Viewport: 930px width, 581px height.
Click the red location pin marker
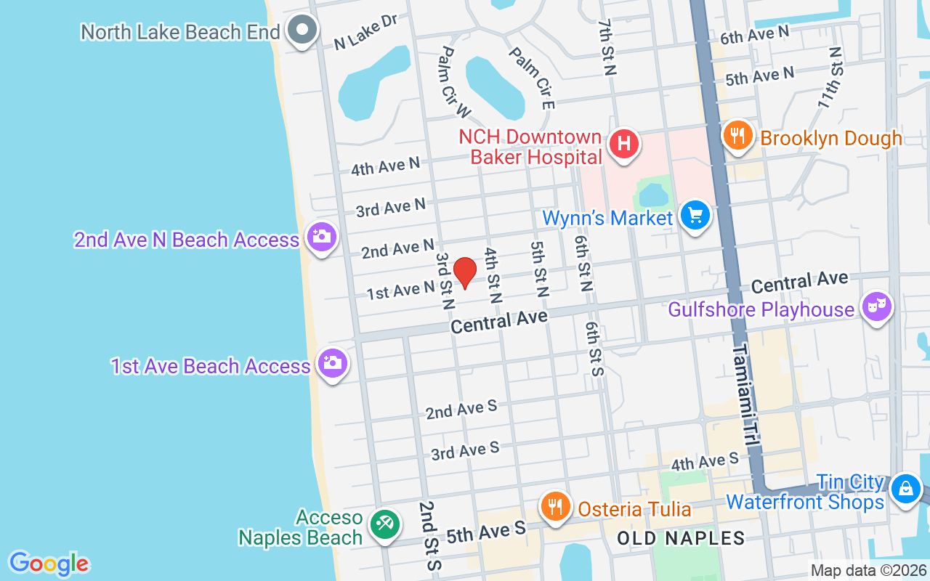[465, 273]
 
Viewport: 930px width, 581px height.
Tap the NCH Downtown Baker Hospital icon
[623, 144]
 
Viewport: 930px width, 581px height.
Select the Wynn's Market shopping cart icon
[695, 216]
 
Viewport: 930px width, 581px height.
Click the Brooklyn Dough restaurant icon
[737, 136]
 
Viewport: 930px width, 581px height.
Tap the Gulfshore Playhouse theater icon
[876, 307]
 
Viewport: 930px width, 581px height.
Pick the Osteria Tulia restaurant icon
[556, 506]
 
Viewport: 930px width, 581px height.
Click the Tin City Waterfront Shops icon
[906, 488]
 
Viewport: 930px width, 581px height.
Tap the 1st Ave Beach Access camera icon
[333, 364]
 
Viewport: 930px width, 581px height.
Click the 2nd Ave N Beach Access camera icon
[321, 237]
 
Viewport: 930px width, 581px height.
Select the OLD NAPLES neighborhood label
[681, 538]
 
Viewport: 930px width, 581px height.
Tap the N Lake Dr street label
[365, 33]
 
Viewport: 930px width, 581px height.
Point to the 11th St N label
[830, 78]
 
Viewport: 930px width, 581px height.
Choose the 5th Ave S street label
[485, 532]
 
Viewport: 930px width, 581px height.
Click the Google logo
[49, 564]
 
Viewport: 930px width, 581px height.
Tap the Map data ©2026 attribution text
[869, 571]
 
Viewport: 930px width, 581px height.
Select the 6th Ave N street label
[754, 34]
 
